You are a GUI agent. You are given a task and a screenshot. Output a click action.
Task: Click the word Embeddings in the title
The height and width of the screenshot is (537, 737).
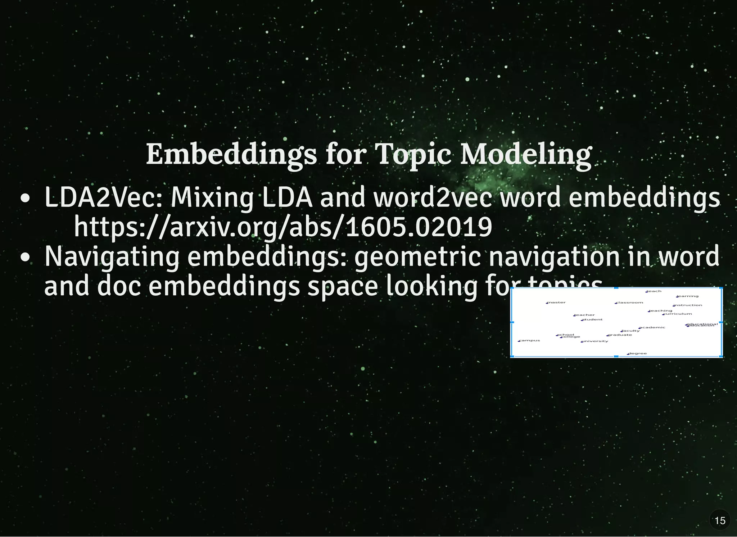231,155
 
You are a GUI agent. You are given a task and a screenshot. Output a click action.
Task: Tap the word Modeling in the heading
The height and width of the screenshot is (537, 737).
526,155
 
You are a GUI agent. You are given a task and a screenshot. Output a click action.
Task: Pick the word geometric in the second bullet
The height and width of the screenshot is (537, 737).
417,257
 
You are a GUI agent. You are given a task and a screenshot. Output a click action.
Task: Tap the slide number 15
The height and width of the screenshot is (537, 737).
720,520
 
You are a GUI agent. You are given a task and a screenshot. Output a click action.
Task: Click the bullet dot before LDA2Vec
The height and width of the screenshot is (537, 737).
25,199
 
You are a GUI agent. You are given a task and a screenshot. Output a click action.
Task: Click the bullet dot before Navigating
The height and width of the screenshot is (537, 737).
25,258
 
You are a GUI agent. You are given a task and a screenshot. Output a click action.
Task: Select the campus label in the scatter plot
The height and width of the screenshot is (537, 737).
530,340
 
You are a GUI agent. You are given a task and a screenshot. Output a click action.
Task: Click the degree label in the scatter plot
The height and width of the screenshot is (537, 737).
637,353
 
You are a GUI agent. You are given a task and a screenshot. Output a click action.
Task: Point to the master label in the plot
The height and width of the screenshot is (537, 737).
557,302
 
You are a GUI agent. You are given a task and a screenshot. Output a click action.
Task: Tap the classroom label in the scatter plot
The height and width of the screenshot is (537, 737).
629,302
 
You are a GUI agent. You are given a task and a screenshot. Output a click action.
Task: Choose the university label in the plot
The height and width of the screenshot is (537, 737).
595,341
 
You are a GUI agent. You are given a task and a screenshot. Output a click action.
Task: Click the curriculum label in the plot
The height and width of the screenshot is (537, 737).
678,314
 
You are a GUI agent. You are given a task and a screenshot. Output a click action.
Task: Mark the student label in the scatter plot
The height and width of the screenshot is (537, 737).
592,319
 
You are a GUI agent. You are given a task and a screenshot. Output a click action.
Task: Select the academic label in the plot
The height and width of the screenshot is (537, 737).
652,327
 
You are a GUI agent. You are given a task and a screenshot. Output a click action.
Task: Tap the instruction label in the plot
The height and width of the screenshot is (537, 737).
688,305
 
